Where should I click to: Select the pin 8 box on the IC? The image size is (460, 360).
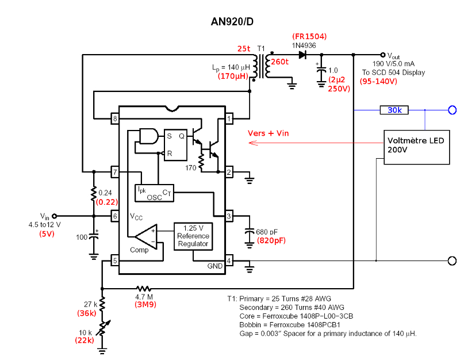(x=115, y=119)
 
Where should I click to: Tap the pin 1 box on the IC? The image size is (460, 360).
(x=229, y=119)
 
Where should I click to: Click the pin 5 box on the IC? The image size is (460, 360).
(x=115, y=261)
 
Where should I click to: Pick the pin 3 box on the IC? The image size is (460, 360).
(x=229, y=216)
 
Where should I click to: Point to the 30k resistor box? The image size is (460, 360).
(x=394, y=110)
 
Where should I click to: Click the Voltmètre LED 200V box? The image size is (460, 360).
(x=416, y=145)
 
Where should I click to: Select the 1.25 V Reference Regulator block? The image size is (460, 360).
(x=193, y=236)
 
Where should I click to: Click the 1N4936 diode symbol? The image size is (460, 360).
(x=302, y=55)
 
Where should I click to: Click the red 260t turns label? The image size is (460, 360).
(x=280, y=62)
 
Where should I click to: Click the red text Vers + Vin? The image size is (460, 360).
(x=268, y=133)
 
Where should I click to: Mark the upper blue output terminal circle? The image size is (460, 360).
(x=453, y=110)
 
